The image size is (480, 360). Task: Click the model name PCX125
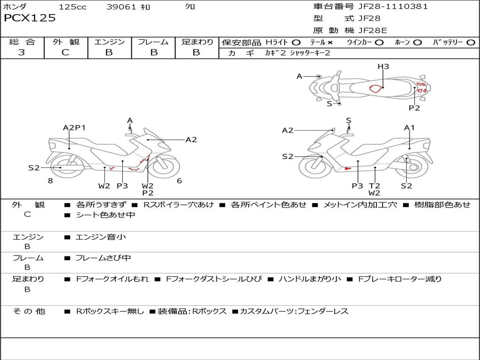30,18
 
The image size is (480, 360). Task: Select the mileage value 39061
122,7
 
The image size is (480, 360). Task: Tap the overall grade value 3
22,52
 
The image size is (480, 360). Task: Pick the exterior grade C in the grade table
66,52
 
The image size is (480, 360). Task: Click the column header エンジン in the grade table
109,42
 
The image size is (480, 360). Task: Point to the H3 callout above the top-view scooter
383,67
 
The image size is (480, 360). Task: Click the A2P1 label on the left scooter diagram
75,127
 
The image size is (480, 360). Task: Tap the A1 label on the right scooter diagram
410,127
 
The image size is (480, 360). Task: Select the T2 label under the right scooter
374,186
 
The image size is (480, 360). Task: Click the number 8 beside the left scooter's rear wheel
50,181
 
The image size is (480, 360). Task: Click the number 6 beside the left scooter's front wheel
179,181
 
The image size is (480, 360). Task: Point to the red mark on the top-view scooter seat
375,88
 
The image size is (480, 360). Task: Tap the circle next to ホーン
418,42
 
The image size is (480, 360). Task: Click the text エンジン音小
101,237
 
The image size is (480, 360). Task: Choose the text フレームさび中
103,258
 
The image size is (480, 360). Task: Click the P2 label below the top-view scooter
414,108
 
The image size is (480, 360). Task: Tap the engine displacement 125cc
73,7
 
